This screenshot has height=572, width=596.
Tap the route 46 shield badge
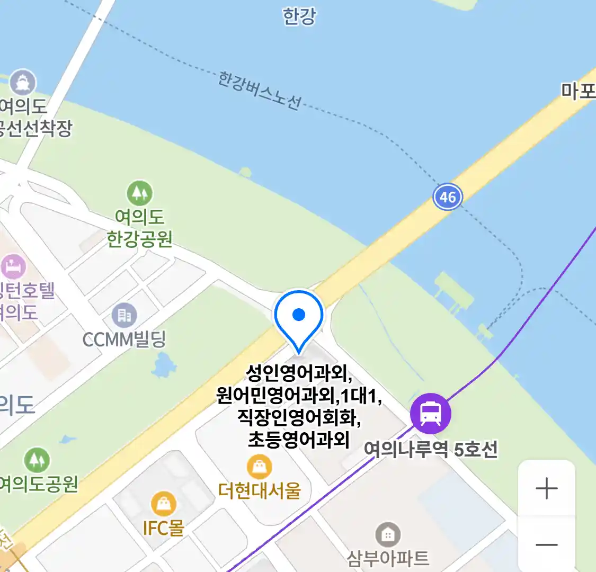[448, 197]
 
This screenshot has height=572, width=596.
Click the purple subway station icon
[431, 414]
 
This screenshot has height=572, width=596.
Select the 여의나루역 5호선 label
[431, 450]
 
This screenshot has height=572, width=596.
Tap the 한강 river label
[299, 16]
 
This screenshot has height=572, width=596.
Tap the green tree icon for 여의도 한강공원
[139, 193]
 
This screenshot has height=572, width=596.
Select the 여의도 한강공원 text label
[140, 228]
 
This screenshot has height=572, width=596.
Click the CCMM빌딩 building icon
[124, 316]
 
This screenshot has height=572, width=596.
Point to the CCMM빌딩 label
[124, 339]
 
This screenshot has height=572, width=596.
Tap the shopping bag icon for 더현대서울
[259, 467]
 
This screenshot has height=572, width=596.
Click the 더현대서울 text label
[259, 490]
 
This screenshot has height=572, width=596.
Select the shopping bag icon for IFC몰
[164, 504]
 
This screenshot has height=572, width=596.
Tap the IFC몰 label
[163, 528]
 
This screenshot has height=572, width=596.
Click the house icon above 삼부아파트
[388, 535]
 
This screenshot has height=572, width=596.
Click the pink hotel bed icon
[13, 266]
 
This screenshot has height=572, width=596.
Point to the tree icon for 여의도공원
[37, 460]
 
